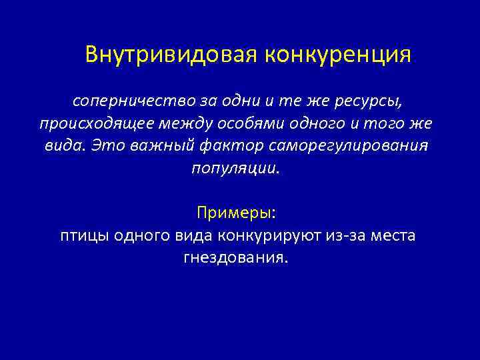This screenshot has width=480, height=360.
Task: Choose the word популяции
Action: coord(237,167)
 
